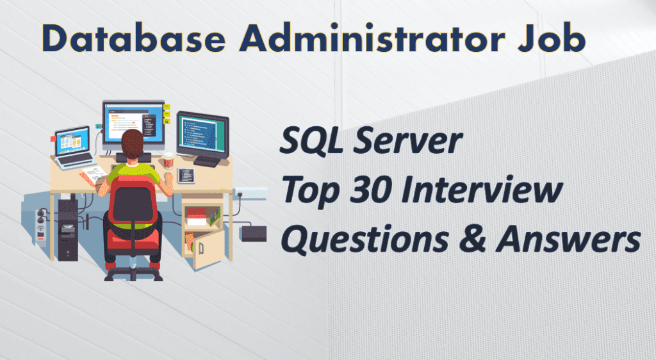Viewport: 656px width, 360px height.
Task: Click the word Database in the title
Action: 134,38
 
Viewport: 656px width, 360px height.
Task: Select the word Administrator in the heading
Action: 372,38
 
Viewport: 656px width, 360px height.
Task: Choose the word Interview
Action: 482,190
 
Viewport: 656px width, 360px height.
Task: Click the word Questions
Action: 365,240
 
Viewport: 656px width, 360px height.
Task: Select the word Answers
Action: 568,240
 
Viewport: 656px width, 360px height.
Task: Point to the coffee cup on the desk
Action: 168,161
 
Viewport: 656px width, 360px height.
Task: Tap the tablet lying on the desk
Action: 186,176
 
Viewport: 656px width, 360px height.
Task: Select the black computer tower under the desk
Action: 68,229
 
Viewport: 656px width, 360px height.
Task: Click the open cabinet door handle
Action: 201,249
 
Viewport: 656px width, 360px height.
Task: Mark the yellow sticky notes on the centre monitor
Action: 167,113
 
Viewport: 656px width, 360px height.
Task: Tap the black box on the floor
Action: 254,233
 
